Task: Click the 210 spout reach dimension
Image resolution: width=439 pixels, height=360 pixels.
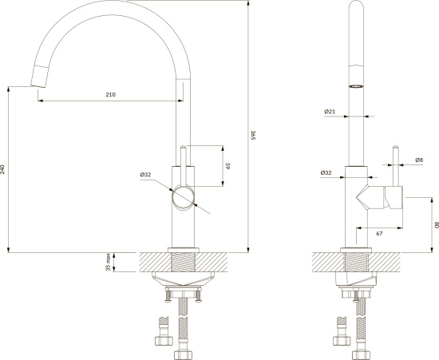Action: pyautogui.click(x=111, y=95)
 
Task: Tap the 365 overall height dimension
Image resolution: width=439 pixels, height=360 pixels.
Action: pyautogui.click(x=252, y=135)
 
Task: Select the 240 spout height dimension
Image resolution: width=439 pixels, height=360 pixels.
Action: pyautogui.click(x=2, y=169)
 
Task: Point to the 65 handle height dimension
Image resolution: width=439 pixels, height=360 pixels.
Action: pyautogui.click(x=228, y=166)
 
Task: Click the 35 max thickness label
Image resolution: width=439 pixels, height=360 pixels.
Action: pyautogui.click(x=108, y=263)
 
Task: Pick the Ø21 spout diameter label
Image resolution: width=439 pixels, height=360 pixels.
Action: pyautogui.click(x=330, y=112)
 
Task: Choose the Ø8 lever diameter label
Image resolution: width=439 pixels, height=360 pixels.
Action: pyautogui.click(x=419, y=160)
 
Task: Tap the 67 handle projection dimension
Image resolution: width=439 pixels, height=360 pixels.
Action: pyautogui.click(x=379, y=233)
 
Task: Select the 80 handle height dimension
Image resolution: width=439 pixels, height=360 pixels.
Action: pyautogui.click(x=436, y=225)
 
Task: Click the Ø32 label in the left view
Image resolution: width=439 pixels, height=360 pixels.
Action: pyautogui.click(x=145, y=175)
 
